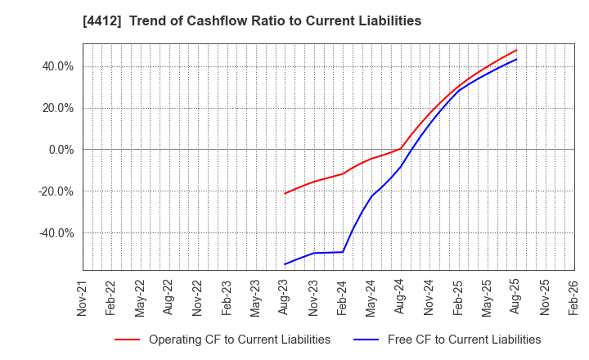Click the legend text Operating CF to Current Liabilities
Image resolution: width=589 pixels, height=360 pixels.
tap(240, 340)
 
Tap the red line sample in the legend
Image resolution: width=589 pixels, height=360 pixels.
tap(127, 340)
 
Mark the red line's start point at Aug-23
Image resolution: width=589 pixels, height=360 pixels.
tap(285, 193)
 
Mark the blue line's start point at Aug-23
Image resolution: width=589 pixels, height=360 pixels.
tap(285, 264)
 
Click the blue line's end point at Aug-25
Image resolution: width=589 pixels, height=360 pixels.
tap(516, 59)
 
